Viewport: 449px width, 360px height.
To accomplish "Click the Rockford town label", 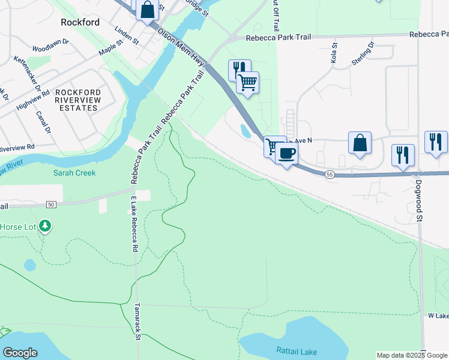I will pyautogui.click(x=80, y=22).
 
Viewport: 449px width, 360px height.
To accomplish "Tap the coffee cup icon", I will pyautogui.click(x=287, y=152).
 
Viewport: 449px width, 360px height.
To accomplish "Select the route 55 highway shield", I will pyautogui.click(x=330, y=174).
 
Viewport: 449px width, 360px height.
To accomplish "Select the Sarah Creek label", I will pyautogui.click(x=74, y=173).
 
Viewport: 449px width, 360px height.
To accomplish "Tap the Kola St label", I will pyautogui.click(x=334, y=51).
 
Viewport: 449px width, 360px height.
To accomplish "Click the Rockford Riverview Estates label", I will pyautogui.click(x=76, y=100).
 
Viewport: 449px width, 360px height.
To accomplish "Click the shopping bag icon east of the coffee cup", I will pyautogui.click(x=360, y=143).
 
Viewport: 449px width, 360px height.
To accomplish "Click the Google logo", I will pyautogui.click(x=20, y=353).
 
